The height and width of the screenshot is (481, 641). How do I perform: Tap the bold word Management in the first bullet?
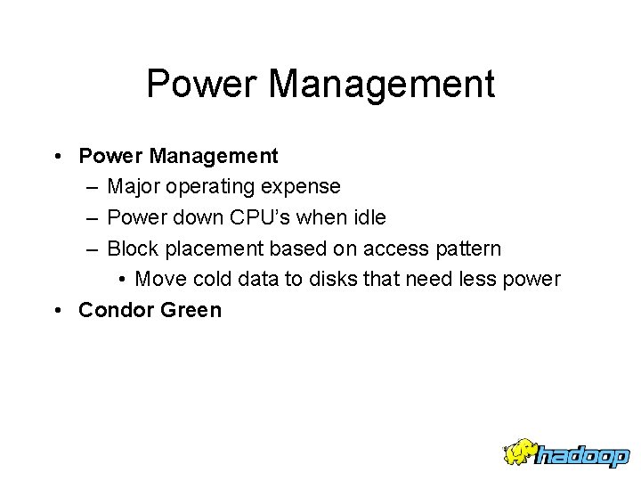tap(214, 156)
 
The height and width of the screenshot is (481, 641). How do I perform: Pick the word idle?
tap(368, 217)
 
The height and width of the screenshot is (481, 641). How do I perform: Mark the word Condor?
tap(113, 310)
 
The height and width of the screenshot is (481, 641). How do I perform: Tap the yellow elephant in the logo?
tap(520, 452)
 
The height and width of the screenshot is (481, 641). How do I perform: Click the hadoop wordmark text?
tap(584, 455)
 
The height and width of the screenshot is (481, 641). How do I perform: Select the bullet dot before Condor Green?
tap(56, 310)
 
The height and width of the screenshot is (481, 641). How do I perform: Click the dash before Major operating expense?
tap(93, 187)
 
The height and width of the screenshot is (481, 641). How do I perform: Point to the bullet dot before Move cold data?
tap(122, 279)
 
